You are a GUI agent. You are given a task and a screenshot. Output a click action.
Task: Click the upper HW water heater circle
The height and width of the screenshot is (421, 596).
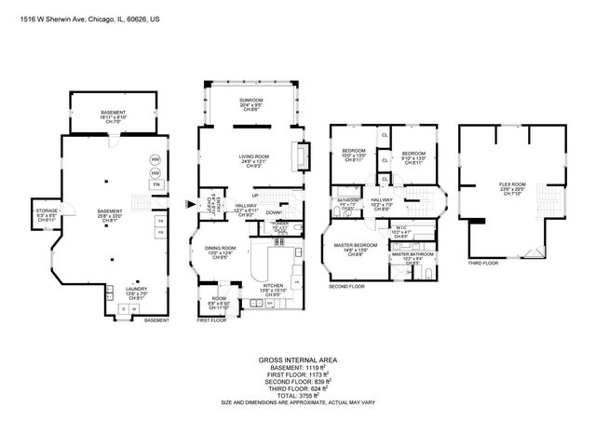156,159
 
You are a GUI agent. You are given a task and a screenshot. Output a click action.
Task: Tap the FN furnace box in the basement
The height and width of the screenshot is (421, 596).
156,185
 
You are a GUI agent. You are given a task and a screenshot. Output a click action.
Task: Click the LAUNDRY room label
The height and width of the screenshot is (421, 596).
136,290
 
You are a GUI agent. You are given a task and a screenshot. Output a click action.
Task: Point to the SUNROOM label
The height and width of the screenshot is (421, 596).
251,102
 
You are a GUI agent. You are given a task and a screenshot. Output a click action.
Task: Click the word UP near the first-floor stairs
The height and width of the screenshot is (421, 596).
254,194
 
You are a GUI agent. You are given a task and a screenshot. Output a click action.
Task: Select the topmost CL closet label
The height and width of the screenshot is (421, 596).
384,136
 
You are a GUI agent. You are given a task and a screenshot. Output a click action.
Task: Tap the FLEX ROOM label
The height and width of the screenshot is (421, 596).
512,185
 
